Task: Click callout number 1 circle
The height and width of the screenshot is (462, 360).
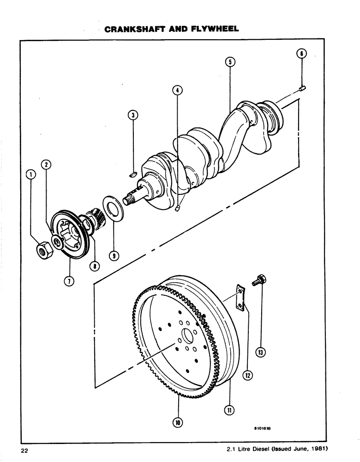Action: [x=31, y=174]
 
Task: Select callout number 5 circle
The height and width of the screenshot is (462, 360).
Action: [x=230, y=62]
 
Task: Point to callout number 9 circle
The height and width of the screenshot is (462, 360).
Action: [x=113, y=255]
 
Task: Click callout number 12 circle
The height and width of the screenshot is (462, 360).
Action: [x=248, y=376]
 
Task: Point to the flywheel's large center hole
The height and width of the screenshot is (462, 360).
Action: [x=188, y=335]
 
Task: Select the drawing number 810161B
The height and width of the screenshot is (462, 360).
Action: [x=263, y=428]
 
